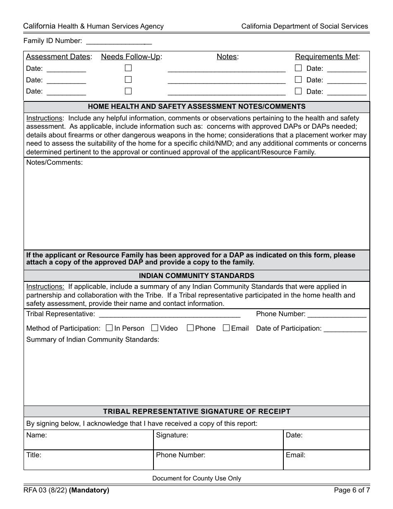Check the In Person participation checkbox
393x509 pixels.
(109, 328)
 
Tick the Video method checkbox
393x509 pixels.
(155, 328)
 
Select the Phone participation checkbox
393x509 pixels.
(190, 328)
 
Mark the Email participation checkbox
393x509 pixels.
(226, 328)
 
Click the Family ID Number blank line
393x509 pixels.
(119, 41)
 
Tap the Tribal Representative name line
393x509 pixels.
(169, 315)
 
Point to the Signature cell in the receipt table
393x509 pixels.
(218, 440)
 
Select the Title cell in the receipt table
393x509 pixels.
(88, 460)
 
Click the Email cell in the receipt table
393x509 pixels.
(326, 460)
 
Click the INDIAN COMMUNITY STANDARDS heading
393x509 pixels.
(196, 276)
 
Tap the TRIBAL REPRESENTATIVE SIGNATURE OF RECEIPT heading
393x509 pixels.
(196, 411)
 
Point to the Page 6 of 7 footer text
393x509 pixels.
(352, 491)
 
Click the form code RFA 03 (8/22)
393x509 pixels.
(45, 491)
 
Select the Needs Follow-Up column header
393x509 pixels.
(131, 57)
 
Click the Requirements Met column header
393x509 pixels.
(327, 57)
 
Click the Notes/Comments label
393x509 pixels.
(55, 163)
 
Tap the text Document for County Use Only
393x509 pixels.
(196, 478)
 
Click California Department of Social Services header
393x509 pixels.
(304, 26)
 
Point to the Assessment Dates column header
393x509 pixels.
(59, 57)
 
